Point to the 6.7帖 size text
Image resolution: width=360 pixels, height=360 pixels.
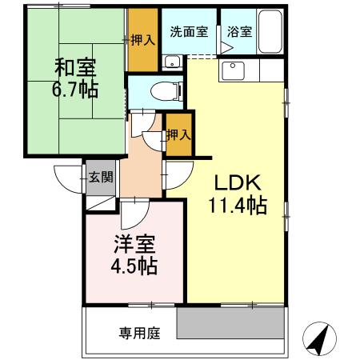click(x=76, y=89)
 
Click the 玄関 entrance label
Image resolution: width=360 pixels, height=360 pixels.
click(x=99, y=177)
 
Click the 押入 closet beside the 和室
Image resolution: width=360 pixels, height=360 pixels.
click(x=143, y=40)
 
